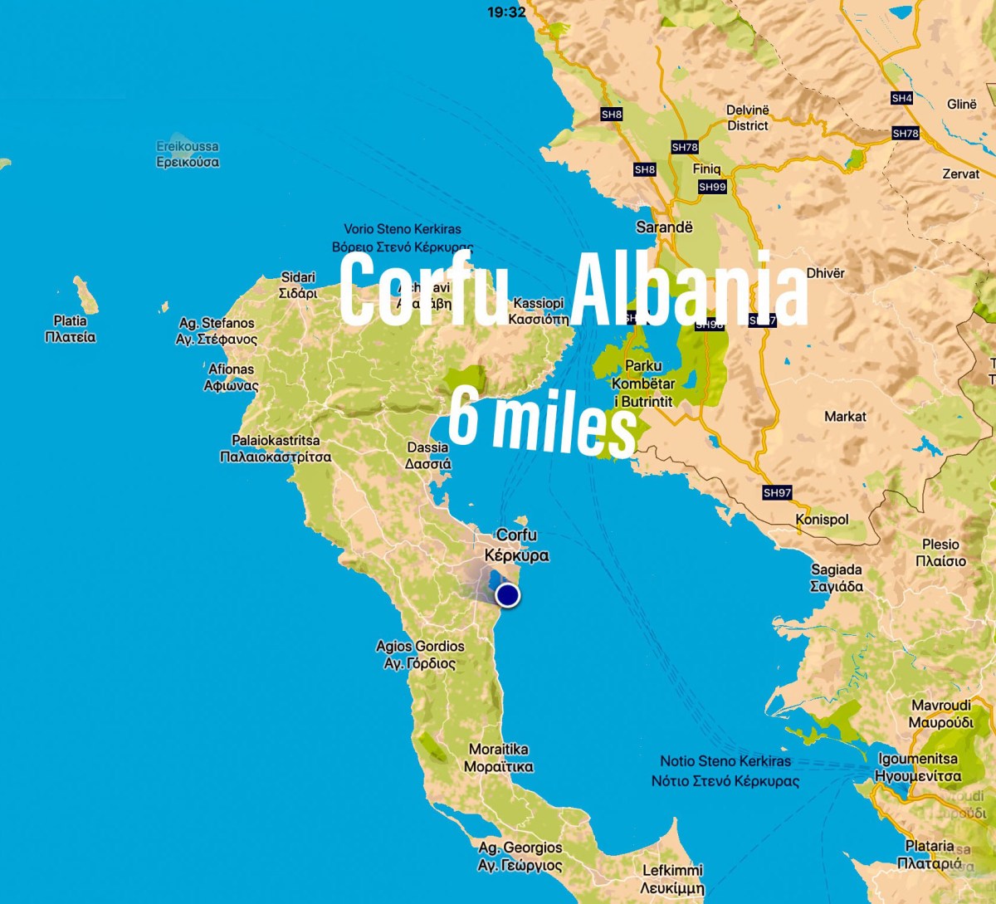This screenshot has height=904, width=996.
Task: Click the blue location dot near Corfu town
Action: pyautogui.click(x=507, y=595)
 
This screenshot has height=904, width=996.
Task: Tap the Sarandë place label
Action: pyautogui.click(x=664, y=227)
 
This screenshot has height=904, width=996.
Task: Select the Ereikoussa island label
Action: pyautogui.click(x=188, y=154)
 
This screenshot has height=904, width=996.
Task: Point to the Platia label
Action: pyautogui.click(x=70, y=329)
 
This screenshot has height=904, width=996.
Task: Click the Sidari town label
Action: pyautogui.click(x=298, y=285)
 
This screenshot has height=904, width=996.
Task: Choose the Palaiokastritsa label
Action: pyautogui.click(x=276, y=448)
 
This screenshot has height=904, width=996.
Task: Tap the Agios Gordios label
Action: pyautogui.click(x=420, y=654)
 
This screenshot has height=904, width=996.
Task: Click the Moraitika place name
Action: pyautogui.click(x=499, y=758)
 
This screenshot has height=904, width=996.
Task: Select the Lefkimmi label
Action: pyautogui.click(x=672, y=878)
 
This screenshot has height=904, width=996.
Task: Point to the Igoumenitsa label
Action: pyautogui.click(x=918, y=767)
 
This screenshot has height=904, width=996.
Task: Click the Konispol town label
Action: pyautogui.click(x=822, y=520)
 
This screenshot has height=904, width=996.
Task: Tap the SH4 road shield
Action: pyautogui.click(x=901, y=98)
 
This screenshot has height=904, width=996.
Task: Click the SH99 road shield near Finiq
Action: pyautogui.click(x=712, y=187)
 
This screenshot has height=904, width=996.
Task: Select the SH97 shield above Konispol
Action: pyautogui.click(x=777, y=492)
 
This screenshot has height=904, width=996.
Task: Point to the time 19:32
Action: pyautogui.click(x=506, y=12)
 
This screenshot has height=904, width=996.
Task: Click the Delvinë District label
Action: pyautogui.click(x=748, y=118)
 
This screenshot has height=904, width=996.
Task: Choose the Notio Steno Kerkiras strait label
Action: pyautogui.click(x=725, y=770)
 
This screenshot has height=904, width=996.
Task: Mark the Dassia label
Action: pyautogui.click(x=428, y=456)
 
